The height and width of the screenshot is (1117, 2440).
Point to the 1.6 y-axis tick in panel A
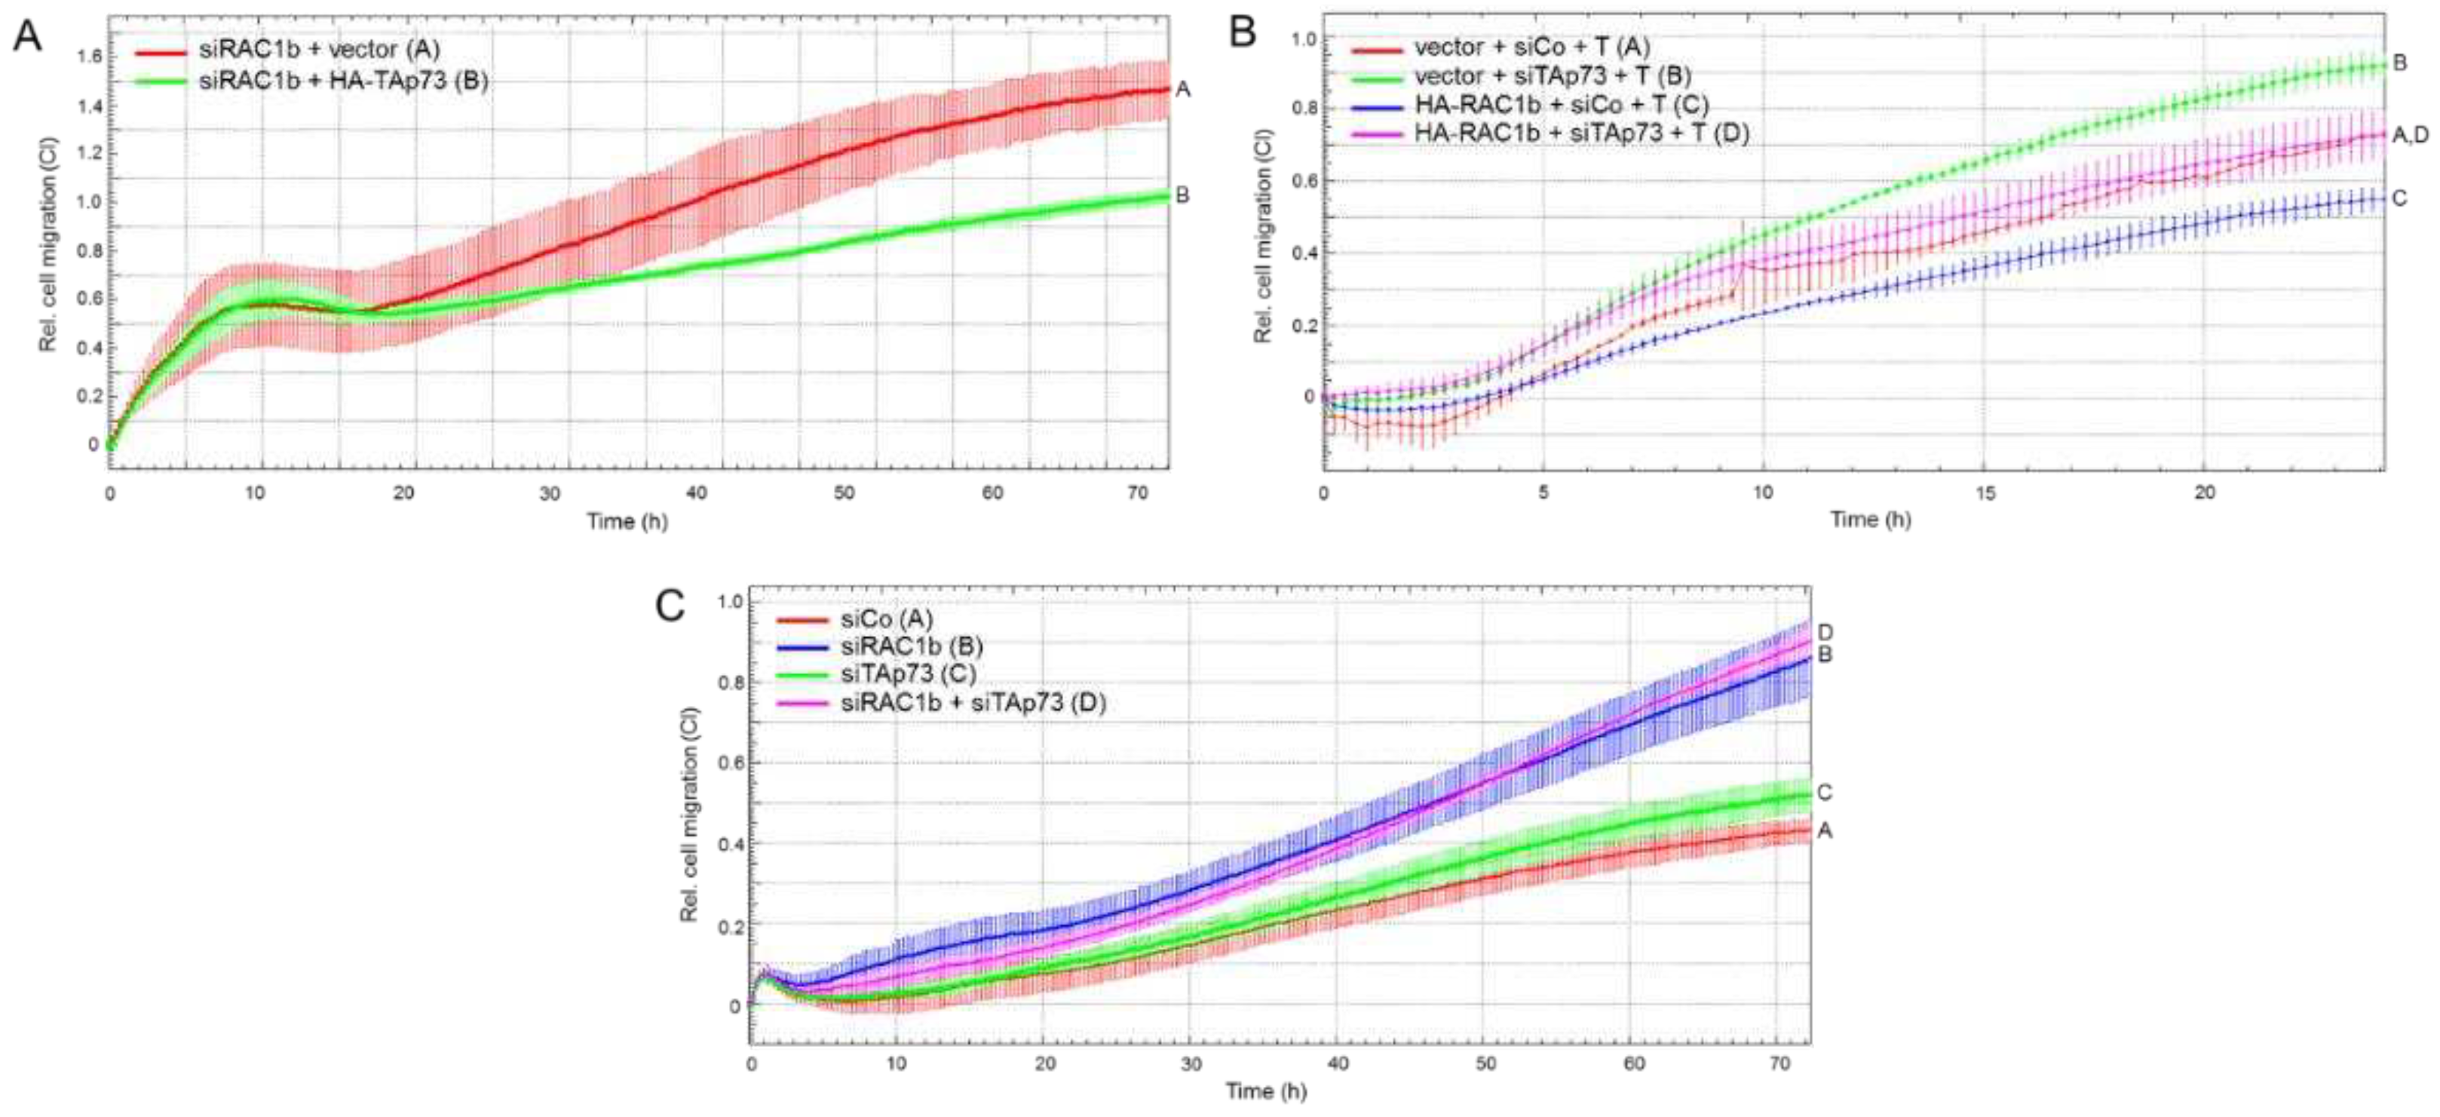88,57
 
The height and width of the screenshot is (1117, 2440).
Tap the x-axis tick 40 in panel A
697,493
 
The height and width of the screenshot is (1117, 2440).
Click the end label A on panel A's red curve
1182,90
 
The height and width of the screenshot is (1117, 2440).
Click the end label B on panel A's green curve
1182,195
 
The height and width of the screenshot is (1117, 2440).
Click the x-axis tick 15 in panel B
1985,493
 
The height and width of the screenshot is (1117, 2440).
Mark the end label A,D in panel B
2410,136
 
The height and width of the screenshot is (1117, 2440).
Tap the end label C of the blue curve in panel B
2399,198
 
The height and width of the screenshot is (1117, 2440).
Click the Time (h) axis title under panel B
1870,519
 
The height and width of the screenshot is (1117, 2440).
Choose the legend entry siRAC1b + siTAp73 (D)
973,702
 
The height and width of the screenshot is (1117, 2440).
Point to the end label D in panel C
1825,632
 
